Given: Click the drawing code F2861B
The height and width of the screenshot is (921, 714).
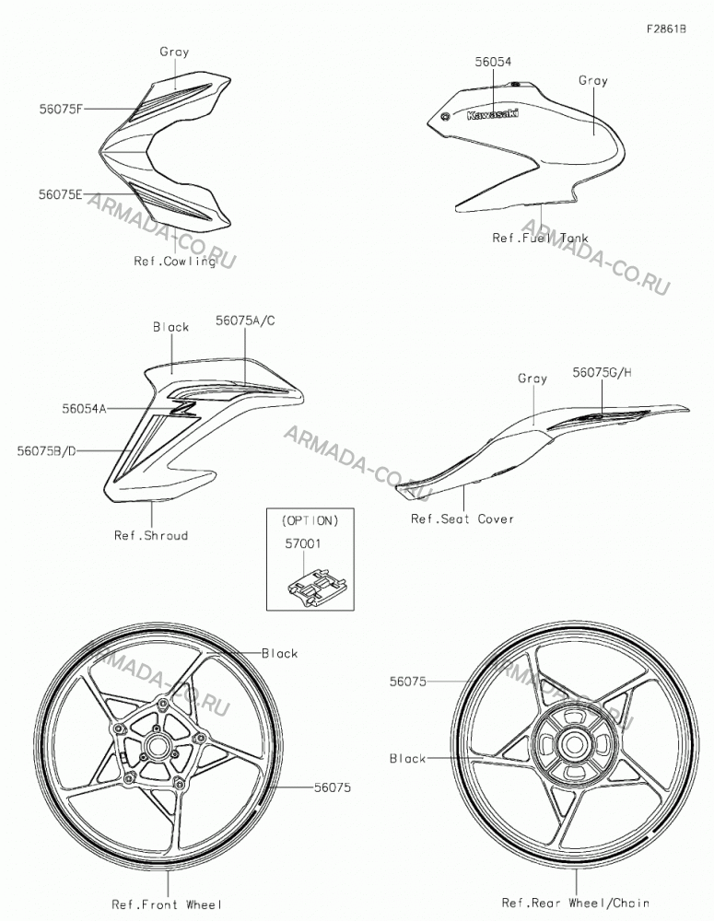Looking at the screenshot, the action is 666,29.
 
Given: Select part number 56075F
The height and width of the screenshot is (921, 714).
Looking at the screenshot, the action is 61,109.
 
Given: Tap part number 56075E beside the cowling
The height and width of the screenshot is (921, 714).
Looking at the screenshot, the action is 61,195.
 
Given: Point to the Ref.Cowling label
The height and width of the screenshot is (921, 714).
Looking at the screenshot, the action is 174,261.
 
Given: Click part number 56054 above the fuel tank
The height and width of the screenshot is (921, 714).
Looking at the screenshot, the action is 493,61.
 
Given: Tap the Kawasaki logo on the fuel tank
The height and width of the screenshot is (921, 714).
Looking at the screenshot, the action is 493,114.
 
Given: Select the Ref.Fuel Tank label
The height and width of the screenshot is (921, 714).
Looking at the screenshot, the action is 540,238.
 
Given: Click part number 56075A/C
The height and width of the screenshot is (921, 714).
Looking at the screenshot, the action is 245,321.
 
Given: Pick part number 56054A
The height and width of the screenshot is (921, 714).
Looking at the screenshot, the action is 84,408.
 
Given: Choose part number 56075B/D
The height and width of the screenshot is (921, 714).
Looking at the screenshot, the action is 46,450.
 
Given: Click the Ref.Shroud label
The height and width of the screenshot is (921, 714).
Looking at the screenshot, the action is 151,535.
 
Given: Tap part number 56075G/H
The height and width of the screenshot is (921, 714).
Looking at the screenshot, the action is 603,372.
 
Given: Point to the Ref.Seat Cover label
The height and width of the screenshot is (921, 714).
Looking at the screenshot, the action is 462,519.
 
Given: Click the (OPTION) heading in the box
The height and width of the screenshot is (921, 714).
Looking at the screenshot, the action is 310,520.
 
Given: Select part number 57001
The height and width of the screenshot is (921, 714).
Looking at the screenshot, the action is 303,544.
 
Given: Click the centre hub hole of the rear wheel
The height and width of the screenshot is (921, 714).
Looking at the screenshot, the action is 572,745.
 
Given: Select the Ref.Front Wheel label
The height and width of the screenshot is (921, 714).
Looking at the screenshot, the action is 168,904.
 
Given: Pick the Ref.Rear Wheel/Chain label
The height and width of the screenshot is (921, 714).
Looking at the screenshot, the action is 576,903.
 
